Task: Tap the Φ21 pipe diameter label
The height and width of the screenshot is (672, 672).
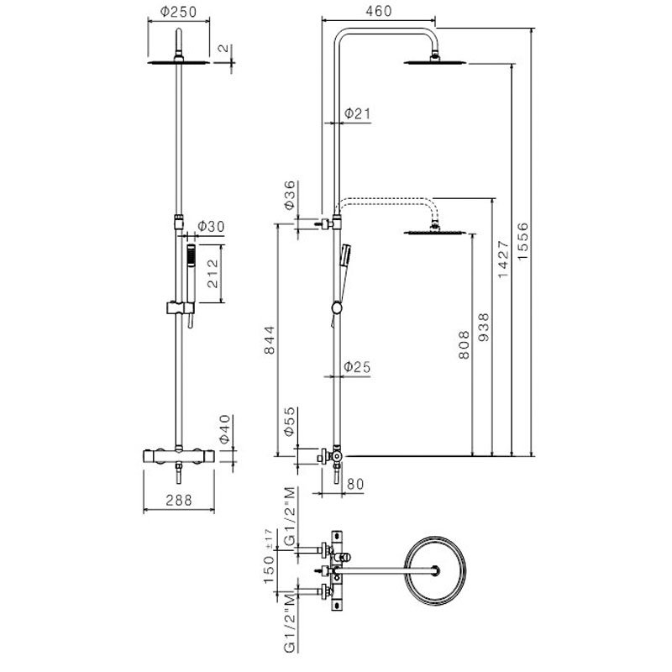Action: pyautogui.click(x=357, y=113)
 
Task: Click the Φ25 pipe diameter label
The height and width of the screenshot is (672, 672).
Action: pyautogui.click(x=357, y=367)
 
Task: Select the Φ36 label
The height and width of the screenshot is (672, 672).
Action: pyautogui.click(x=288, y=195)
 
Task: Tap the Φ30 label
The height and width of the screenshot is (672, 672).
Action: pyautogui.click(x=210, y=228)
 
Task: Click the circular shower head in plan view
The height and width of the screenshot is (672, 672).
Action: pyautogui.click(x=434, y=570)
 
